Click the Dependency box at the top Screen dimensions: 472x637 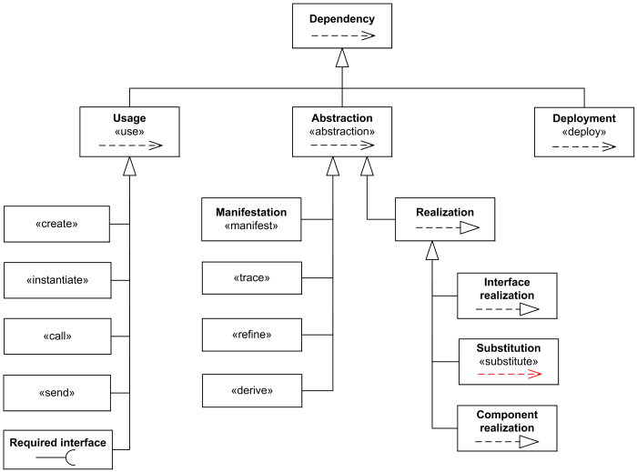click(x=342, y=25)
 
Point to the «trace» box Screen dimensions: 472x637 click(x=251, y=278)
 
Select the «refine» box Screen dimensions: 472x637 click(x=251, y=335)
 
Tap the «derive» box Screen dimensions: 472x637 click(x=251, y=391)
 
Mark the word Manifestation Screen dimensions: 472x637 click(x=251, y=212)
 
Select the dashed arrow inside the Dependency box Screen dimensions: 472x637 click(x=342, y=36)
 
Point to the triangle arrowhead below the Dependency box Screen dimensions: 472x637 click(x=342, y=58)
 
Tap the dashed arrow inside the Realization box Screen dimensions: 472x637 click(x=446, y=229)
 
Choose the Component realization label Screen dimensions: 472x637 click(x=508, y=420)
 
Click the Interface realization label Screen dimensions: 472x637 click(x=508, y=288)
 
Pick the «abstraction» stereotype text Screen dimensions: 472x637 click(x=342, y=131)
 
